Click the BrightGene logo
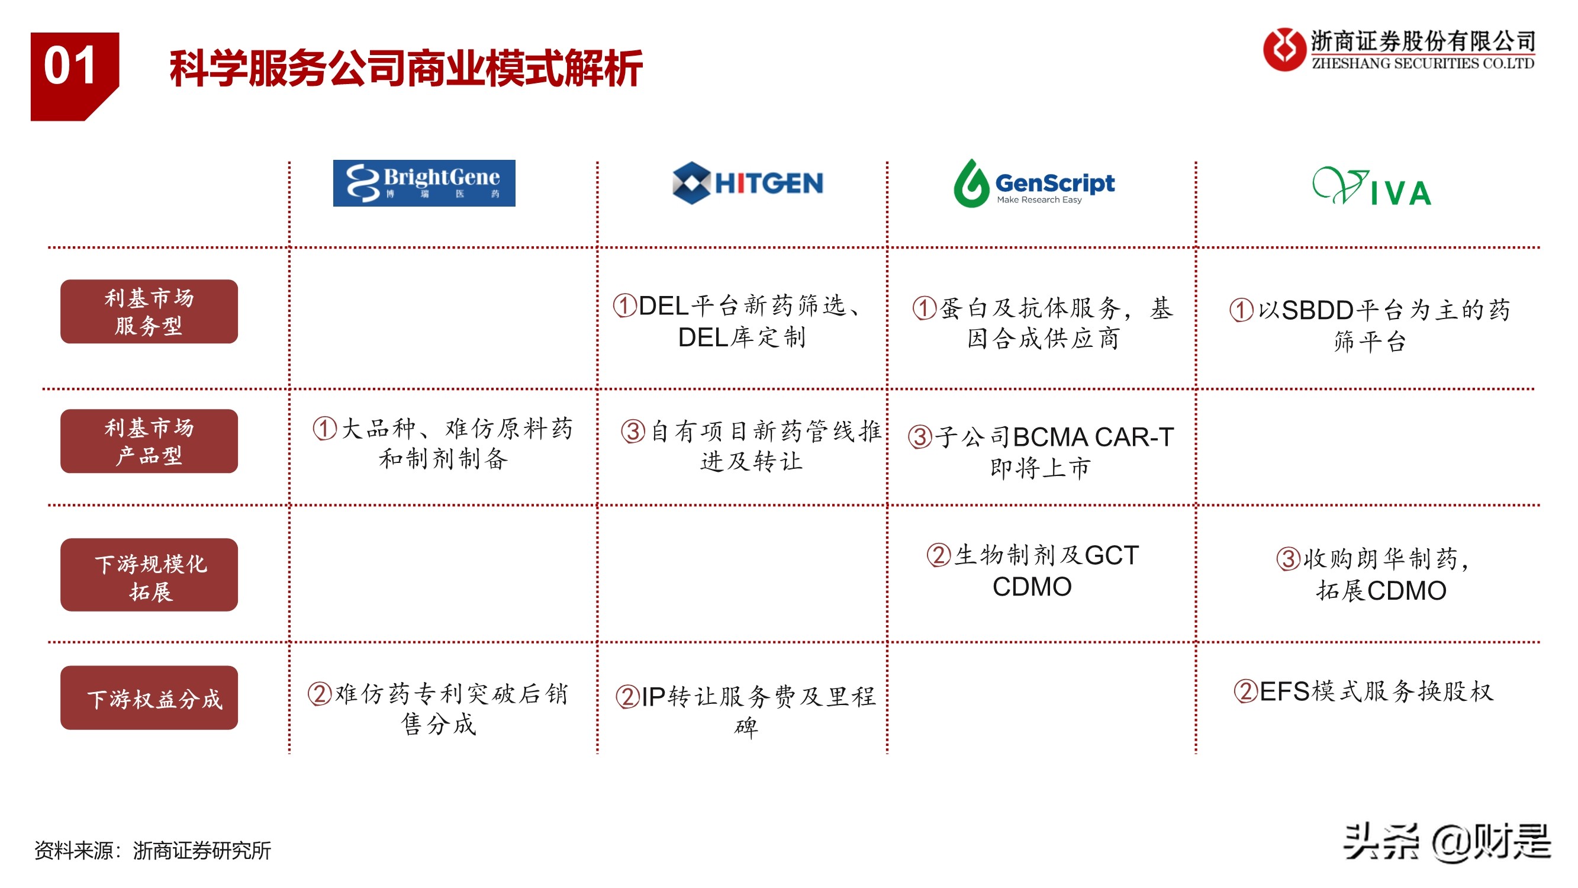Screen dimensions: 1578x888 click(424, 184)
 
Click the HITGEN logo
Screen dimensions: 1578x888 click(748, 182)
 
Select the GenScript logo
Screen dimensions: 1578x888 click(1034, 184)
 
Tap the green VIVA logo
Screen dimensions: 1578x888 click(1372, 186)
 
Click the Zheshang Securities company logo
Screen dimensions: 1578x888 click(1399, 50)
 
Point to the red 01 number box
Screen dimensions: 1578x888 click(75, 76)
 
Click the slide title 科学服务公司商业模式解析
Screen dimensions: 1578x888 click(406, 68)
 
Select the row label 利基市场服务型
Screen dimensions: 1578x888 click(149, 311)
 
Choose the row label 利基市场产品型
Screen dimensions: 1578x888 click(149, 441)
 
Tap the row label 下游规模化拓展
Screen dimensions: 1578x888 click(149, 575)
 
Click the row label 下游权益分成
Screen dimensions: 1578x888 click(149, 698)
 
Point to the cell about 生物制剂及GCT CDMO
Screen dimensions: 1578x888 click(1033, 571)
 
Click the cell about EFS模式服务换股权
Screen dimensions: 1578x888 click(1364, 691)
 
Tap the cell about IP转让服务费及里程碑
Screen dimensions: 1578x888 click(746, 712)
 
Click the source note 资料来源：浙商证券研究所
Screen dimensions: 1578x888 click(153, 851)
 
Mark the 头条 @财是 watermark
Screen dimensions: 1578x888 click(1447, 842)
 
